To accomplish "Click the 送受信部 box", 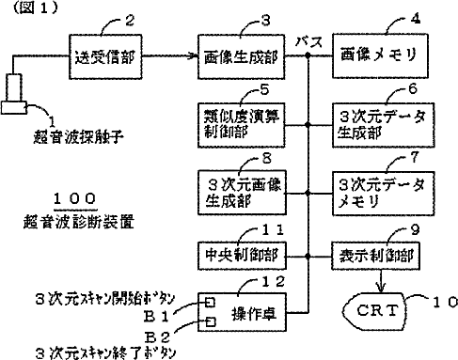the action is coord(105,56).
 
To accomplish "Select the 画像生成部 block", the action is coord(241,56).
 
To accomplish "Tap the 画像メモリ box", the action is coord(380,55).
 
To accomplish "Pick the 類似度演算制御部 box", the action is coord(241,125).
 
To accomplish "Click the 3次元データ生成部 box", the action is coord(383,125).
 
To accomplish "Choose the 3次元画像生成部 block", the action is coord(242,193).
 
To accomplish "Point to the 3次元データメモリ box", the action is coord(383,194).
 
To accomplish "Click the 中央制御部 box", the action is coord(242,256).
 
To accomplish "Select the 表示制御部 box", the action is coord(375,256).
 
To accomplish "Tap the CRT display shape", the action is coord(373,310).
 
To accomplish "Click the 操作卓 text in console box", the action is coord(254,314).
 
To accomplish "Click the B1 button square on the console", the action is coord(210,303).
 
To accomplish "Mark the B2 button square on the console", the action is coord(210,321).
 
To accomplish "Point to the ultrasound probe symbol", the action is coord(14,94).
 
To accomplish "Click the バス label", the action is coord(308,42).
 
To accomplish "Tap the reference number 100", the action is coord(74,198).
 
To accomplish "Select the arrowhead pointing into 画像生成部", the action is coord(194,56).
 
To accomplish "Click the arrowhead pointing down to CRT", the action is coord(381,289).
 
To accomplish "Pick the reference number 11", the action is coord(273,230).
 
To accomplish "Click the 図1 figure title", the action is coord(36,8).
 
